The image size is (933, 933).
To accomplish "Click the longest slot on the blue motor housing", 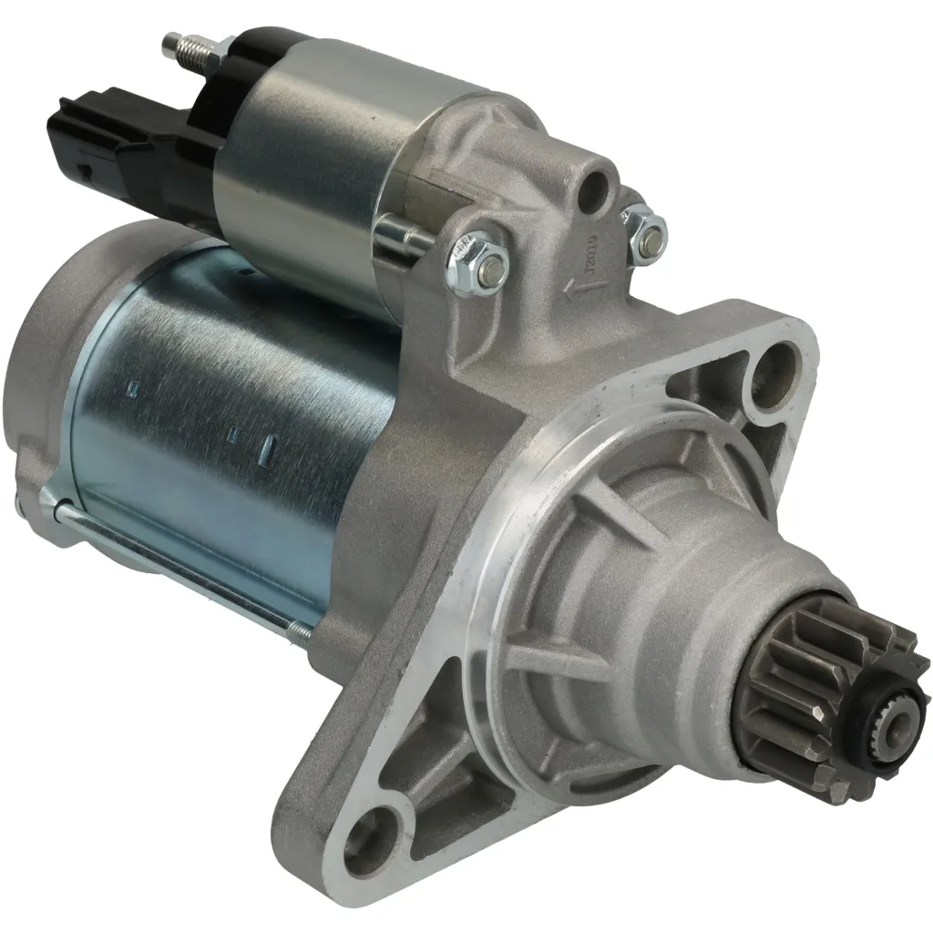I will [x=269, y=447].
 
